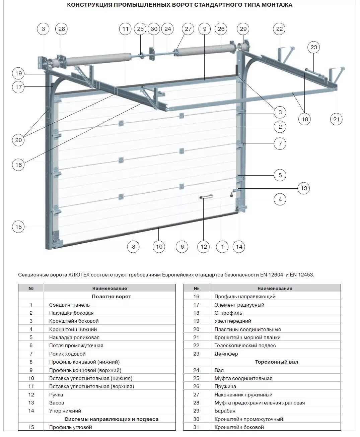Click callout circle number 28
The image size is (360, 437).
click(62, 29)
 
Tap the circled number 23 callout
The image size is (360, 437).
click(313, 47)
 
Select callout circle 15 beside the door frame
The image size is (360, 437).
click(18, 227)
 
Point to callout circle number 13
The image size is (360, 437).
click(304, 188)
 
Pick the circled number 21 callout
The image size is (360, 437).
click(336, 119)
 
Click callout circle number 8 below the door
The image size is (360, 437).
click(133, 247)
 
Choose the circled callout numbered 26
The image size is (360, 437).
click(221, 29)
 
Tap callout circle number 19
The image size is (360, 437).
click(18, 73)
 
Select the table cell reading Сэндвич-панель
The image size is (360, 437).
click(69, 305)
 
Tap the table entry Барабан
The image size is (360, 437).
click(225, 411)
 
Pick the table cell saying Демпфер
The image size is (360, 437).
click(226, 354)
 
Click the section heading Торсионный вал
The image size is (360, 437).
click(276, 362)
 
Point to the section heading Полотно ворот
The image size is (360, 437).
click(111, 297)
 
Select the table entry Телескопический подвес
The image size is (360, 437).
click(245, 345)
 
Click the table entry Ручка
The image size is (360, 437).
click(56, 394)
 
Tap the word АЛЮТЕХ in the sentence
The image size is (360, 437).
click(79, 275)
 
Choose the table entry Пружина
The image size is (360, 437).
click(225, 386)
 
